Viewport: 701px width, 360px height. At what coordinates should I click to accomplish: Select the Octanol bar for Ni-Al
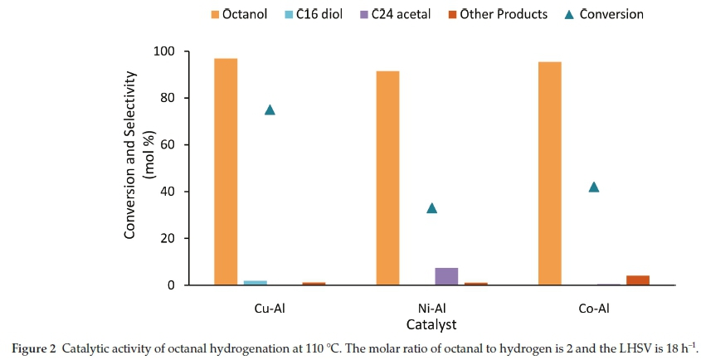387,178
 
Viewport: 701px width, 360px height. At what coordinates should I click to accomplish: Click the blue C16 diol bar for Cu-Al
256,283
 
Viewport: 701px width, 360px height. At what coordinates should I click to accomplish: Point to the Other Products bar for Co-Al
637,280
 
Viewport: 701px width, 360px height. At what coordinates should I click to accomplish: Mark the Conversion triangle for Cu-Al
270,109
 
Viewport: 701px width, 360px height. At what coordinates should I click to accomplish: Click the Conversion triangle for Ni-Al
431,207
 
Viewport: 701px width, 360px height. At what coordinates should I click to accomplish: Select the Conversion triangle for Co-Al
593,187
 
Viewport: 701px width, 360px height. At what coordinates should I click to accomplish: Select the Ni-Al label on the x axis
431,309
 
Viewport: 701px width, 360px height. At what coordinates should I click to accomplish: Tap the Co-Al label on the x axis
593,309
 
